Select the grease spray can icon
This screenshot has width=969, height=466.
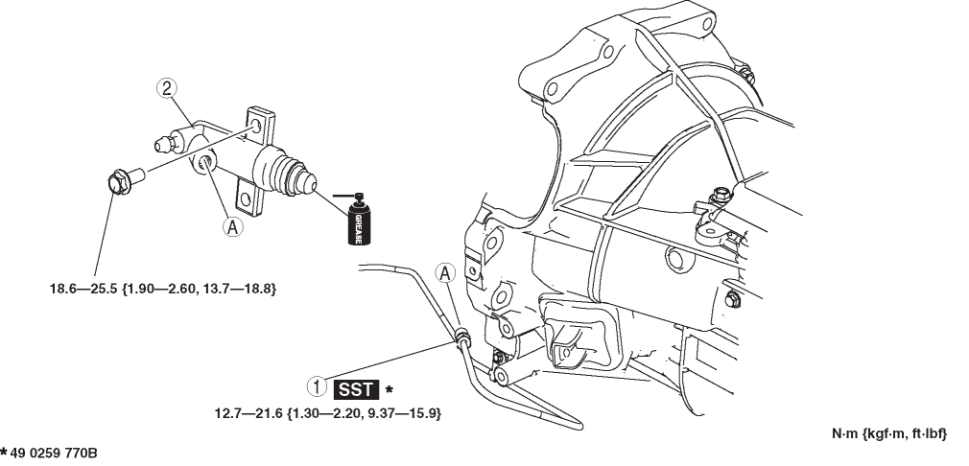coord(361,220)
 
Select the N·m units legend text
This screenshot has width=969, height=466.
coord(888,434)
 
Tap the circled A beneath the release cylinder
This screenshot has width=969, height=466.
coord(231,226)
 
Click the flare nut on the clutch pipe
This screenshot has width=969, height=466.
coord(462,335)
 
